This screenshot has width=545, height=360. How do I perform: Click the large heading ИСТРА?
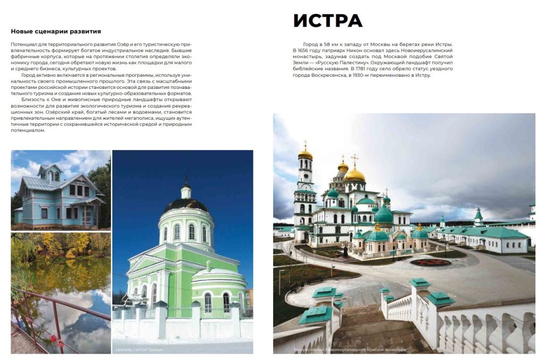click(327, 21)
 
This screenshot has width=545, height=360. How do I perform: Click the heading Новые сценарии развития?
click(56, 31)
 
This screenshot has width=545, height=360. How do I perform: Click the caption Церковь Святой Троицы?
click(139, 349)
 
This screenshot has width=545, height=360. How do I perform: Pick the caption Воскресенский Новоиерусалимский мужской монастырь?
click(350, 350)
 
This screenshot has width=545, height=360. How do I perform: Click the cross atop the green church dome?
click(186, 181)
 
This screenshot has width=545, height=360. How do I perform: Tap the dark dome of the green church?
click(186, 205)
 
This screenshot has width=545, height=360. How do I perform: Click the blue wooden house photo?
click(61, 190)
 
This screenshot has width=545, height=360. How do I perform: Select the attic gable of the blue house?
click(50, 173)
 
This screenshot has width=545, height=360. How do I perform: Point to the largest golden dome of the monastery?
click(355, 174)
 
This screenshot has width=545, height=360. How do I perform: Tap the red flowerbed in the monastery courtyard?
click(430, 262)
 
